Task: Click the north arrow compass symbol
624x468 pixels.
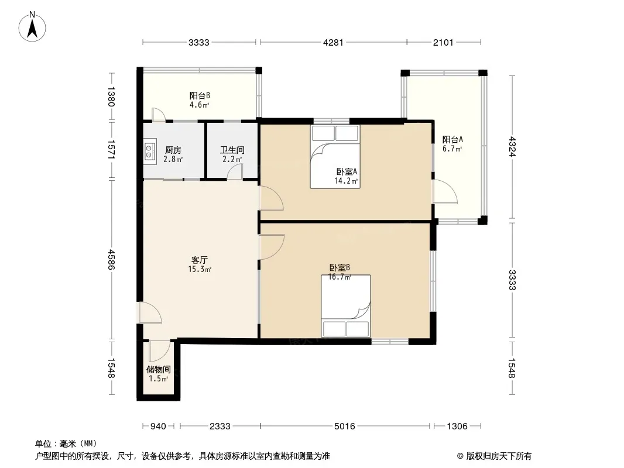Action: click(x=32, y=27)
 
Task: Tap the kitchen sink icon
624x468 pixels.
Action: click(x=149, y=151)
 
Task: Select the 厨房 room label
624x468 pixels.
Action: click(x=173, y=150)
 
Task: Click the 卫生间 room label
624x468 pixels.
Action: click(x=232, y=150)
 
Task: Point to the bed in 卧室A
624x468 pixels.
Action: click(x=335, y=157)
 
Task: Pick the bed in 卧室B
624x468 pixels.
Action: click(x=346, y=306)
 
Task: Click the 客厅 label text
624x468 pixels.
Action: click(x=200, y=260)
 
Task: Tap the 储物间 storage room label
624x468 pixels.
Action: click(x=159, y=369)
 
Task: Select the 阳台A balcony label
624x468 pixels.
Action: click(x=452, y=140)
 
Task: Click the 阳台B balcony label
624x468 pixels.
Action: click(x=200, y=95)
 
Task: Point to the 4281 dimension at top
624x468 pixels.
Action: click(x=333, y=42)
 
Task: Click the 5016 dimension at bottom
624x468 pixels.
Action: click(x=345, y=426)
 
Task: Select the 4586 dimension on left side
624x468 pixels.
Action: click(x=111, y=259)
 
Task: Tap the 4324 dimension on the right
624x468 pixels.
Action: click(x=512, y=147)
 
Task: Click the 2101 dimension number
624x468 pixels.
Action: click(x=443, y=42)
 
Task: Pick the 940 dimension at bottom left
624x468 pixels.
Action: click(x=158, y=426)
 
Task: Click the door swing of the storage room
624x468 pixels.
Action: click(x=160, y=350)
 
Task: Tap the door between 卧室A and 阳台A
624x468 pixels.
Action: click(x=445, y=192)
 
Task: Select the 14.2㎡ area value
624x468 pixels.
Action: click(x=346, y=181)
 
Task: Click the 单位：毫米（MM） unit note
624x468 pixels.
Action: click(x=66, y=443)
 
